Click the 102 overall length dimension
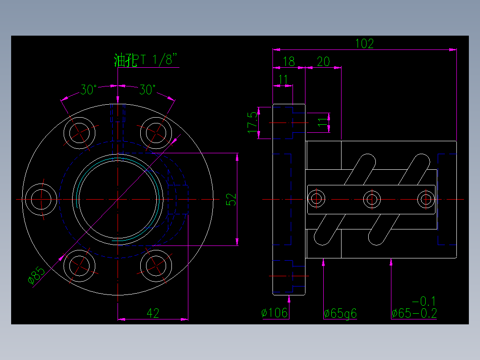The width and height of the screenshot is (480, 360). pyautogui.click(x=364, y=43)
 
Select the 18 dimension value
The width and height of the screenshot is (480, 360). pyautogui.click(x=289, y=61)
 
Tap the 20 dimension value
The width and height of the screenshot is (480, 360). pyautogui.click(x=323, y=61)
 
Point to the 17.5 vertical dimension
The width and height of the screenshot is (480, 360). pyautogui.click(x=252, y=122)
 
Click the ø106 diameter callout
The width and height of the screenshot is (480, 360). pyautogui.click(x=275, y=313)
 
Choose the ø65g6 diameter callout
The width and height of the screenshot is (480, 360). pyautogui.click(x=340, y=314)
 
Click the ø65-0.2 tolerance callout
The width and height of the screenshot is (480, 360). pyautogui.click(x=414, y=314)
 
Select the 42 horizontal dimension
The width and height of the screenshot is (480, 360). pyautogui.click(x=153, y=313)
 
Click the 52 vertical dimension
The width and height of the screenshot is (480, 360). pyautogui.click(x=231, y=199)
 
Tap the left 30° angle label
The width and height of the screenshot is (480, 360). pyautogui.click(x=88, y=90)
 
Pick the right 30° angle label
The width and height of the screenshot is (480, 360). pyautogui.click(x=147, y=90)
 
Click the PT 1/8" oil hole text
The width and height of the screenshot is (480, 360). pyautogui.click(x=154, y=60)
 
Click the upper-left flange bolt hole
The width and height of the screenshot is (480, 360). pyautogui.click(x=80, y=132)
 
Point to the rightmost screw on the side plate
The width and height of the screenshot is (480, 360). pyautogui.click(x=425, y=199)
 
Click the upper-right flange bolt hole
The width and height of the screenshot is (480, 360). pyautogui.click(x=157, y=132)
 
